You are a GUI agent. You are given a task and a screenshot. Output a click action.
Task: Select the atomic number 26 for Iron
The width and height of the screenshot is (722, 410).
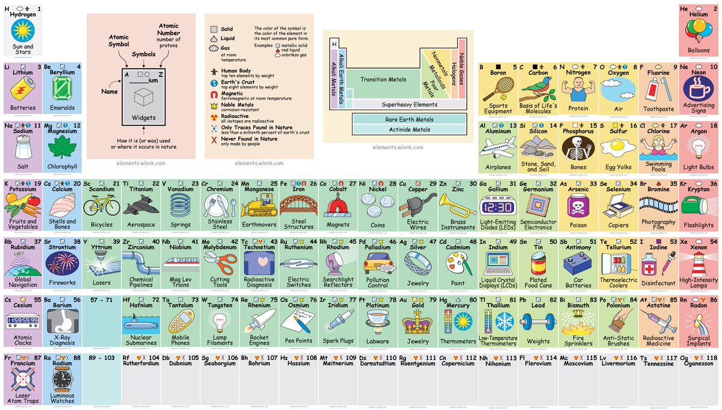313,184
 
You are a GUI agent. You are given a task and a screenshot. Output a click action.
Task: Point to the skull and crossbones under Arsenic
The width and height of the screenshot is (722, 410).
578,207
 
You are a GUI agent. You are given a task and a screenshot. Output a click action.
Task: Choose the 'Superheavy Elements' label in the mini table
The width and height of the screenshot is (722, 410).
409,104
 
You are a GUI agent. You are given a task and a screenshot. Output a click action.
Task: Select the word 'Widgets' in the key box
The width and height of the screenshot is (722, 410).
144,117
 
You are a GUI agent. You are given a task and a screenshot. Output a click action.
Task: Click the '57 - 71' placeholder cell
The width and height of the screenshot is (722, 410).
101,299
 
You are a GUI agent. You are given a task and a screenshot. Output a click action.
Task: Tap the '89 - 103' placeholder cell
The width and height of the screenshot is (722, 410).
101,357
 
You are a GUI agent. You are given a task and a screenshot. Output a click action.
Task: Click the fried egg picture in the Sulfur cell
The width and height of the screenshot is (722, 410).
618,146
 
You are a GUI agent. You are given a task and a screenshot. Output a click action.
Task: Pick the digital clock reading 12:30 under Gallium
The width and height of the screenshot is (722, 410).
499,208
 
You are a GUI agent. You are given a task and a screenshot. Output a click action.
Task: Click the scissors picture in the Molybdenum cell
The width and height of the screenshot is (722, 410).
220,264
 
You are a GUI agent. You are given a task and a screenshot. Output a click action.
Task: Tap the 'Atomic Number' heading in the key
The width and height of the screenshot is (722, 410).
168,30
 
